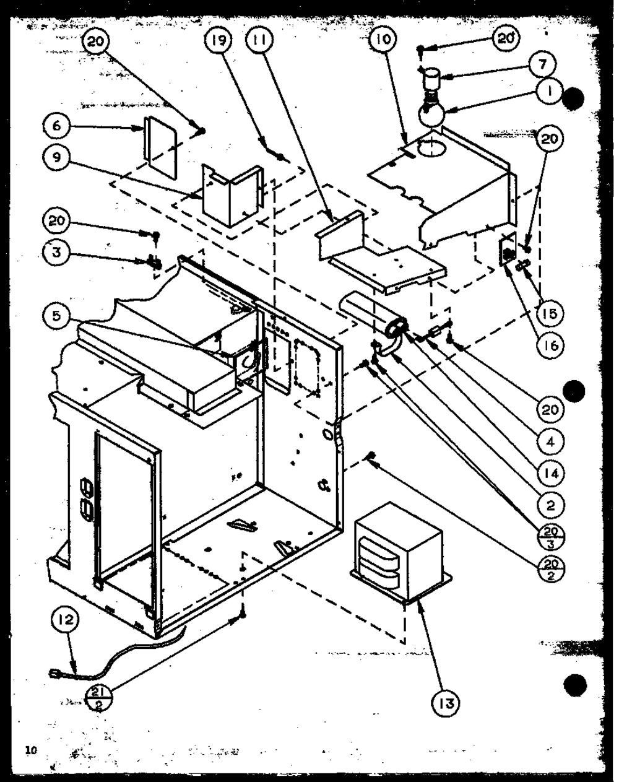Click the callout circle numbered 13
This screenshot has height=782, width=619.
[x=446, y=704]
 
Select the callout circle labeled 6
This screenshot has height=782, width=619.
[x=57, y=126]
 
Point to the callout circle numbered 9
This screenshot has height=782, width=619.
[x=57, y=157]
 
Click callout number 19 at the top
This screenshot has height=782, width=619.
[x=219, y=40]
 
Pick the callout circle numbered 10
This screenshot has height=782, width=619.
[x=383, y=38]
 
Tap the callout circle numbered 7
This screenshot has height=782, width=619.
[x=543, y=65]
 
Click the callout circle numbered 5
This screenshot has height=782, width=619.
[x=57, y=315]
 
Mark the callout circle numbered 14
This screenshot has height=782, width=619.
[x=550, y=473]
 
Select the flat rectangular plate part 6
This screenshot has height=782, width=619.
[x=160, y=147]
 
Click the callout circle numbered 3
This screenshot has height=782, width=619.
[x=57, y=252]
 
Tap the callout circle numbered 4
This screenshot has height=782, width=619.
[x=550, y=441]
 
